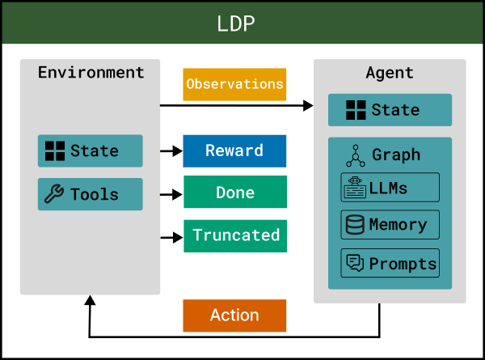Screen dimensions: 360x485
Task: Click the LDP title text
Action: [236, 23]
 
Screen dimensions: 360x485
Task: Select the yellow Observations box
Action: [234, 84]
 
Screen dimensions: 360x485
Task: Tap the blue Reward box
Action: [234, 150]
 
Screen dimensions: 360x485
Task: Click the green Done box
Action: [234, 193]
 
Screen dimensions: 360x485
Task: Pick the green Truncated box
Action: [234, 235]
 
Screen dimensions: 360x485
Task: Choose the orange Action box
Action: [234, 316]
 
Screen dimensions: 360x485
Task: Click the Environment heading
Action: [91, 72]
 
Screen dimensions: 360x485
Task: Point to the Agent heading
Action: [390, 72]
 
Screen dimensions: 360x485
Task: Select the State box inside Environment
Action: [90, 150]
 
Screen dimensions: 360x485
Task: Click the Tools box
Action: [90, 194]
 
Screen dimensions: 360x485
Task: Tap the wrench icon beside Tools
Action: [54, 194]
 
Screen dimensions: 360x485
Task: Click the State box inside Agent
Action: [390, 110]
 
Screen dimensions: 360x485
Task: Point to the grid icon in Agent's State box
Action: [356, 110]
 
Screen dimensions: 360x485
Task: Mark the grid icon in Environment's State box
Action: [54, 150]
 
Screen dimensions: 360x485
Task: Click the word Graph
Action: [396, 155]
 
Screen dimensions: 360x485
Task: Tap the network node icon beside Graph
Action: [355, 155]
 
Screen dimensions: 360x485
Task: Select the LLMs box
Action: [390, 188]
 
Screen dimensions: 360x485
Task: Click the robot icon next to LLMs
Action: [354, 188]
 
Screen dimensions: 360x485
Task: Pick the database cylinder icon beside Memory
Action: [354, 225]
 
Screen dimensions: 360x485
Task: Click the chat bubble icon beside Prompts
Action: [354, 263]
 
